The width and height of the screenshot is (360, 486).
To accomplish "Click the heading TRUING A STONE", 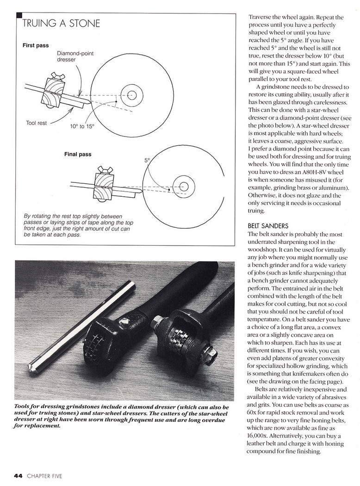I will click(x=61, y=23).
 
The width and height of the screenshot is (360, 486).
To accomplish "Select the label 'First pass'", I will click(x=36, y=45).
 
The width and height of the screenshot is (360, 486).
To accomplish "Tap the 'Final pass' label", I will click(x=78, y=154).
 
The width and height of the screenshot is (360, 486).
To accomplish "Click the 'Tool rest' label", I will click(x=37, y=123).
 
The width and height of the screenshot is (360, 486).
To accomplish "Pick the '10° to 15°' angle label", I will click(x=82, y=126).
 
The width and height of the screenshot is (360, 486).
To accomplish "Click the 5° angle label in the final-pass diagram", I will click(x=147, y=160).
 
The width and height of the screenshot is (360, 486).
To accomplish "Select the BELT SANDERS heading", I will click(x=268, y=226).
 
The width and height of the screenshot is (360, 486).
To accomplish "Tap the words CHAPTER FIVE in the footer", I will click(x=44, y=475).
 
